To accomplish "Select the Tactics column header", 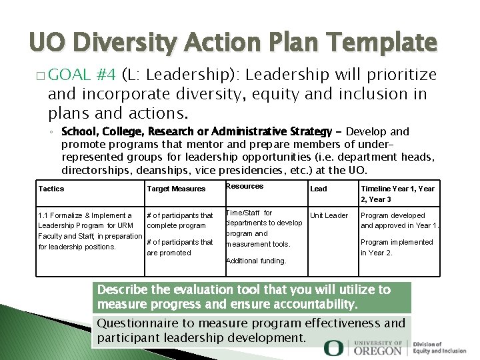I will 51,189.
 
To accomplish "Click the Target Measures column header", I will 176,189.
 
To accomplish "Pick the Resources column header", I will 245,186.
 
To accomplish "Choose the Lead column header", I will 319,189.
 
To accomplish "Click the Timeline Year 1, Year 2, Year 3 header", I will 397,193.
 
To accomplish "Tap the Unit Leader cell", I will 329,215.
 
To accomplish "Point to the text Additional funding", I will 256,261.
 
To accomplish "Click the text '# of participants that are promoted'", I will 179,247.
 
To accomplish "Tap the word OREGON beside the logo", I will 378,350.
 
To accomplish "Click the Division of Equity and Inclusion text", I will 439,347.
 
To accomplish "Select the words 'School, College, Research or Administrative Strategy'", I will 196,131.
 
